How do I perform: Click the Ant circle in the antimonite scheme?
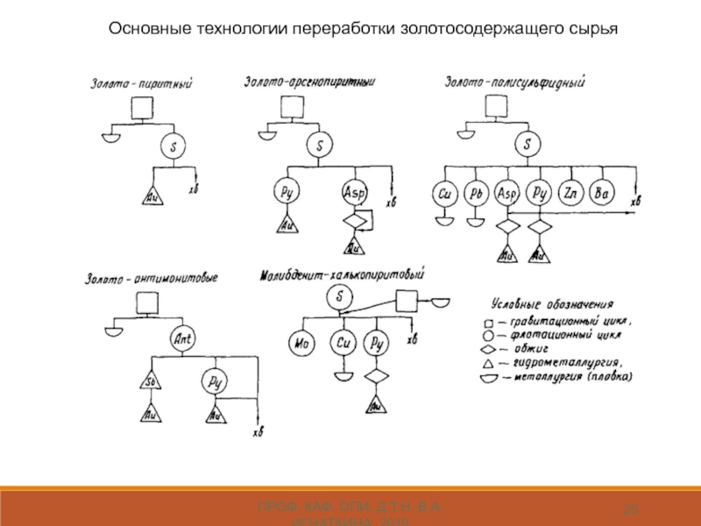[x=184, y=338]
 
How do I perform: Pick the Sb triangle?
[x=150, y=382]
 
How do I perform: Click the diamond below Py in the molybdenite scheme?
[x=377, y=377]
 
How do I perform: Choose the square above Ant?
[x=147, y=303]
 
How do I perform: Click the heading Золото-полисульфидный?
[x=515, y=82]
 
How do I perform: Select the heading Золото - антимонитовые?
[x=152, y=279]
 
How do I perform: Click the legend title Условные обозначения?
[x=552, y=303]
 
